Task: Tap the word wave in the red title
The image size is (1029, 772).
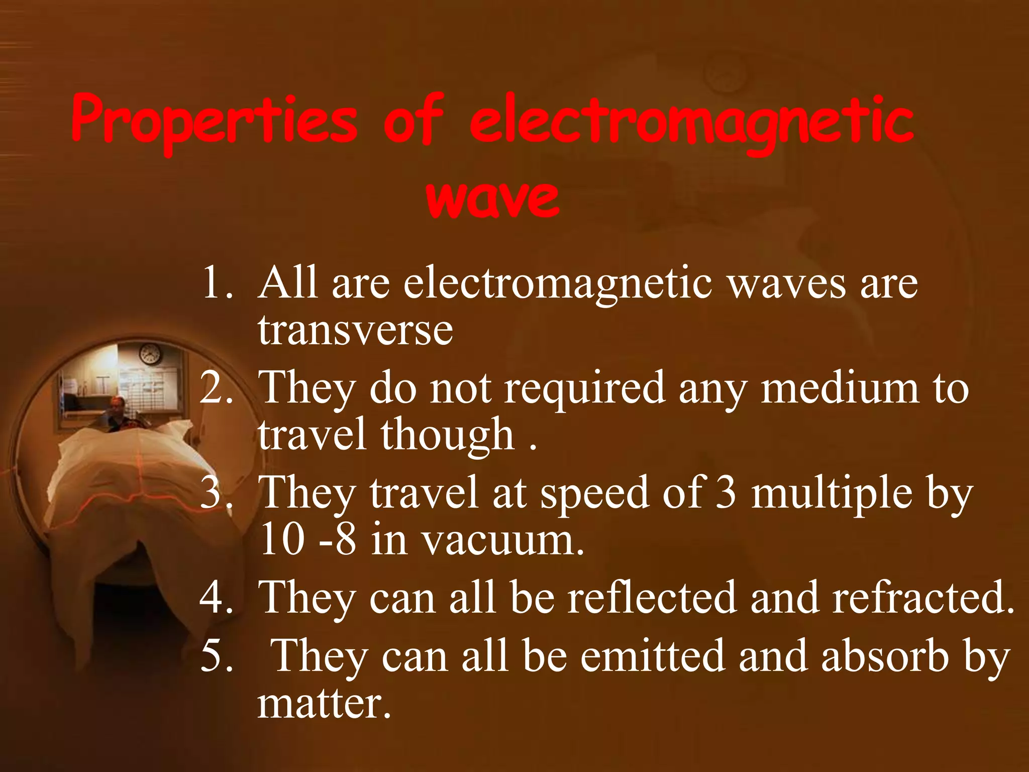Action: (492, 198)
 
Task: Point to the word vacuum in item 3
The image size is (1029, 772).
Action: (502, 541)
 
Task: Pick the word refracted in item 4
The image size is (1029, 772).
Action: (922, 598)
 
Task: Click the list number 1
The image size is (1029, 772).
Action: (216, 283)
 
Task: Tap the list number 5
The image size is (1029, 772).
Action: (216, 656)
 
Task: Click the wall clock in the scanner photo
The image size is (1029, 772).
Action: (150, 354)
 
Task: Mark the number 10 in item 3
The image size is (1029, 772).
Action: (282, 541)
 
